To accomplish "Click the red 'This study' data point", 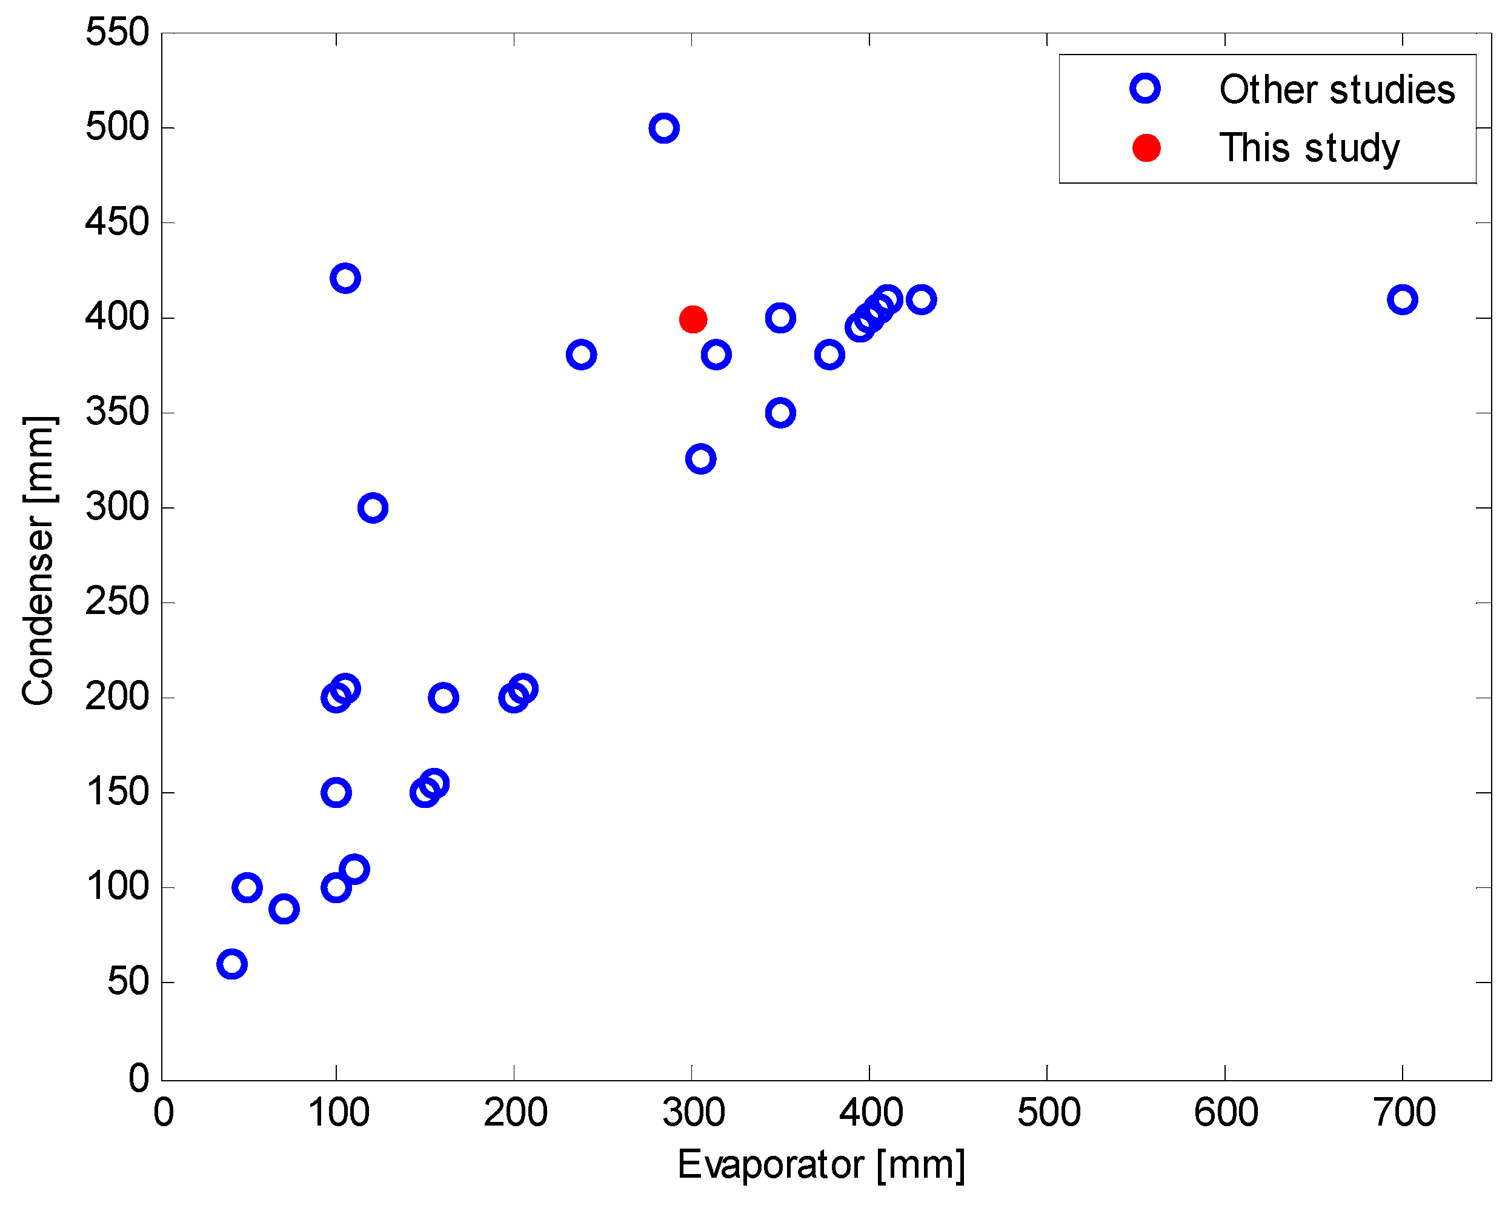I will [x=693, y=319].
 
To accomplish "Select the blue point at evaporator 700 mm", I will [x=1403, y=299].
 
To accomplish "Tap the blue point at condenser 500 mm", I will [x=664, y=128].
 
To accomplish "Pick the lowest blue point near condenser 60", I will [x=232, y=964].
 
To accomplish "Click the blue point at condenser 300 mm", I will [x=373, y=508].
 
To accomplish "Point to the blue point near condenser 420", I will [x=345, y=278].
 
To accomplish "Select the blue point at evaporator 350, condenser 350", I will [x=780, y=413].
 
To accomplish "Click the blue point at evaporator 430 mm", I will [x=922, y=299].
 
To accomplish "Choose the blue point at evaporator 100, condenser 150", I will [x=336, y=793].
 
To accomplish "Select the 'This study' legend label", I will [x=1309, y=148].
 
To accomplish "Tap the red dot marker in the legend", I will [x=1146, y=148].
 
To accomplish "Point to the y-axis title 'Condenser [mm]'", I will [x=38, y=560].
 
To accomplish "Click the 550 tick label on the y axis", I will [x=118, y=32].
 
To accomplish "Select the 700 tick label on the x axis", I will [x=1404, y=1113].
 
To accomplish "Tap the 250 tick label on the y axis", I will [x=118, y=602].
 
